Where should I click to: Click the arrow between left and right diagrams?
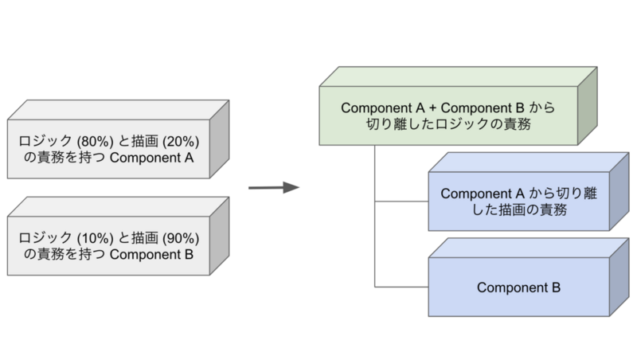click(x=274, y=187)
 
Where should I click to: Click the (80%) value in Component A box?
click(x=95, y=142)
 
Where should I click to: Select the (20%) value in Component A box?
click(x=181, y=142)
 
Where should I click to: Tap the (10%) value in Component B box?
click(x=95, y=238)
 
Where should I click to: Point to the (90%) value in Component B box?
click(x=181, y=238)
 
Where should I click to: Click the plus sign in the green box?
click(x=432, y=108)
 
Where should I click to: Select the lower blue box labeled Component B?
click(x=519, y=287)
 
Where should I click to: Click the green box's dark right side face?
click(x=588, y=106)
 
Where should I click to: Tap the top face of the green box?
click(x=459, y=76)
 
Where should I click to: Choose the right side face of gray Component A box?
click(x=220, y=139)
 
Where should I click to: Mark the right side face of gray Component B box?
click(x=220, y=236)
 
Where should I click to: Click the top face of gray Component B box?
click(x=118, y=207)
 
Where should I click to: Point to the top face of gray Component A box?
click(x=118, y=110)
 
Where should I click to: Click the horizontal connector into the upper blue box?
click(x=401, y=202)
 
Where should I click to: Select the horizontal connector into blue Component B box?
click(x=401, y=287)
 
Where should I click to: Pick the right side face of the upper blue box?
click(x=619, y=191)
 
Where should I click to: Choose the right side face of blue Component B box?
click(x=619, y=277)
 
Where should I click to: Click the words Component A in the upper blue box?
click(x=483, y=194)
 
